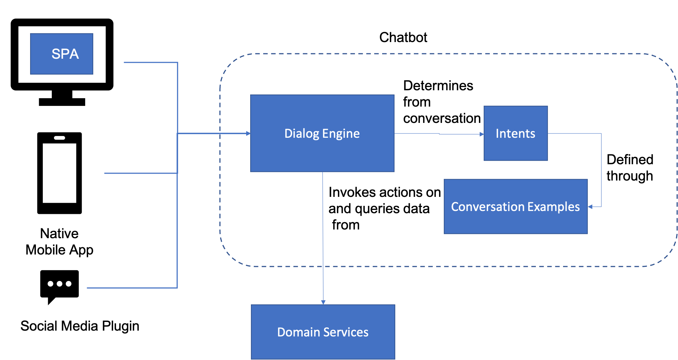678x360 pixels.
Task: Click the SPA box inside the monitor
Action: click(x=62, y=54)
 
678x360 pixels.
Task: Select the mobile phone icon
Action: click(x=59, y=173)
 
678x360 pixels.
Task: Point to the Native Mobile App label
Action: click(x=59, y=241)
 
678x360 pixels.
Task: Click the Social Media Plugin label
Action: click(x=80, y=326)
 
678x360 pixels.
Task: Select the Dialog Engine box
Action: click(x=322, y=133)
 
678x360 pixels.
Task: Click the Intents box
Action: click(x=516, y=133)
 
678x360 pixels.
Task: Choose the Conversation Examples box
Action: click(x=516, y=207)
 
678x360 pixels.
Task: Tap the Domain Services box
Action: click(x=323, y=332)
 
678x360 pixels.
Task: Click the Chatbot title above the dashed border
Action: click(x=403, y=37)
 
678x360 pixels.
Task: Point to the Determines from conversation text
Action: click(x=442, y=102)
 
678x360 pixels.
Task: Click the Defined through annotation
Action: click(x=630, y=167)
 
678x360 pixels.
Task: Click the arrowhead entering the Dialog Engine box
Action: click(x=248, y=133)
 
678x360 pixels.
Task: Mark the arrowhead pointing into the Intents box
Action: click(x=482, y=134)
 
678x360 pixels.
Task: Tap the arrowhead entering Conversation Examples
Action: click(x=590, y=207)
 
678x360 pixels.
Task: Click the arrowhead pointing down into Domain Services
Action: click(x=323, y=302)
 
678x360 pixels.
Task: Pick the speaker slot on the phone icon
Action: click(x=59, y=138)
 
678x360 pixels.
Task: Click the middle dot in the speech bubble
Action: click(x=59, y=284)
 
